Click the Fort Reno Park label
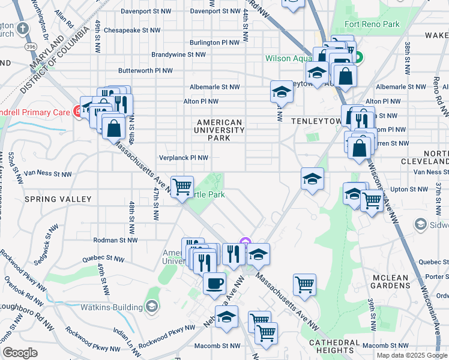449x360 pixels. click(x=372, y=25)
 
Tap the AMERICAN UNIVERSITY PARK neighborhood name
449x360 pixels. click(x=220, y=130)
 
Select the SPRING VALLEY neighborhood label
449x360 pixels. click(x=58, y=199)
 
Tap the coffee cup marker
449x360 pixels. click(x=214, y=283)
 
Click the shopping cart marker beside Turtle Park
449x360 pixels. click(x=182, y=185)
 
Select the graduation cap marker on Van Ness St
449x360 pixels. click(x=312, y=178)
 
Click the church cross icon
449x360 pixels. click(x=22, y=28)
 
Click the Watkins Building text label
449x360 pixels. click(x=113, y=307)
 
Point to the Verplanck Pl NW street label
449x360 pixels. click(x=184, y=158)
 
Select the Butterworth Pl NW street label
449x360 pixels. click(x=146, y=70)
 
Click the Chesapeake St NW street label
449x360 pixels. click(x=132, y=29)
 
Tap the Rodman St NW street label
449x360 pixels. click(x=115, y=240)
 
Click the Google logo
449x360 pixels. click(x=20, y=352)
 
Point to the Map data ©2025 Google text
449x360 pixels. click(x=411, y=355)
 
